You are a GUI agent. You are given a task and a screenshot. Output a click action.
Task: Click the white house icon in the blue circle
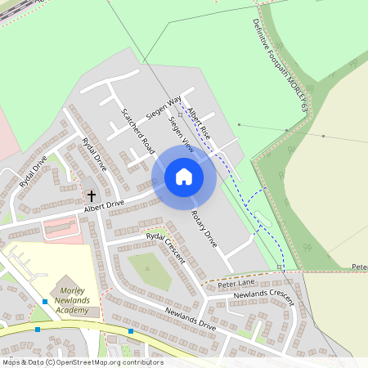184,177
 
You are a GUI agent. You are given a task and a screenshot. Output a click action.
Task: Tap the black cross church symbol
92,196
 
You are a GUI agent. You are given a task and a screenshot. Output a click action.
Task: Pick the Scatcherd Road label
137,131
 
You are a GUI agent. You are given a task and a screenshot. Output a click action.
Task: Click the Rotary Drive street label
204,228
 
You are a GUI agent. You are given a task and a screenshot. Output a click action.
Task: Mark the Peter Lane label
237,283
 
